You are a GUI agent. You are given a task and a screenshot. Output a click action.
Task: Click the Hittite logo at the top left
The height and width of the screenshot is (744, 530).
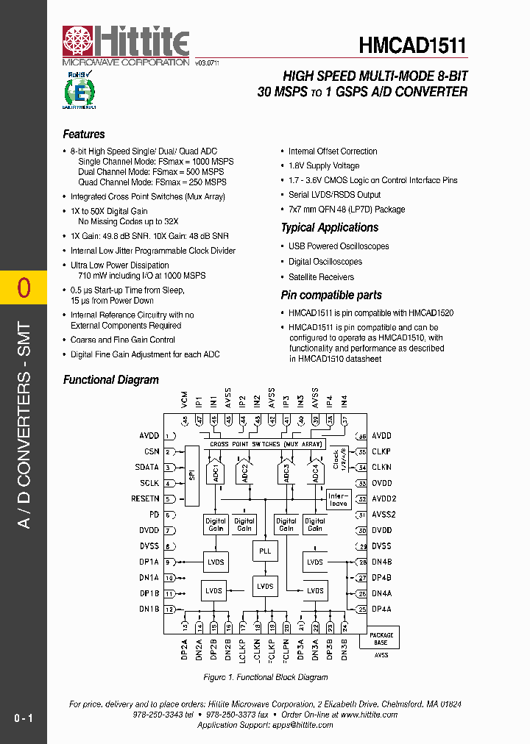125,46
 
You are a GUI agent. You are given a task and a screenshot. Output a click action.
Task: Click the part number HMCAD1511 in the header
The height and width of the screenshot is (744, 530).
413,46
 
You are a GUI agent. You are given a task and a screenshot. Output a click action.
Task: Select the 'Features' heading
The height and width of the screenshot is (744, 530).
84,135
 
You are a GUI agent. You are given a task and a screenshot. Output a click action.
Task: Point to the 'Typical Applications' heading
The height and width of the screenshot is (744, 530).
330,228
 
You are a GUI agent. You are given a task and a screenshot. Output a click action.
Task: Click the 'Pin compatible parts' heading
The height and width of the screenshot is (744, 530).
331,296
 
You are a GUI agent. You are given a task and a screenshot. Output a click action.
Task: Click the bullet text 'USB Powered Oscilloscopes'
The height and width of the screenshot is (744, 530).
339,246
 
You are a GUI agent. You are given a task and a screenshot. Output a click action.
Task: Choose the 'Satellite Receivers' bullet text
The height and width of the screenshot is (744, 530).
321,277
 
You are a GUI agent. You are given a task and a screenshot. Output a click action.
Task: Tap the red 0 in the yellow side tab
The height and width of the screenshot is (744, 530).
24,288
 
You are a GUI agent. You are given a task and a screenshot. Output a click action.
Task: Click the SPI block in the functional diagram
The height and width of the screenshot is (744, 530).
191,475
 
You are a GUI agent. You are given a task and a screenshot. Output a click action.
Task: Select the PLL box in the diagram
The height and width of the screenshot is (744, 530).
265,551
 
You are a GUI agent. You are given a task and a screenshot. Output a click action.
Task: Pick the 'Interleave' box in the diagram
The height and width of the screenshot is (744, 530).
338,499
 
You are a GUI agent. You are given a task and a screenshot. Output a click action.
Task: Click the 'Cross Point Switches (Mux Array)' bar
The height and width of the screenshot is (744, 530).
265,444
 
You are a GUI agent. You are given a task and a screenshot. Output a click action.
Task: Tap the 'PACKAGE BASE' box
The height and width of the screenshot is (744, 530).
381,638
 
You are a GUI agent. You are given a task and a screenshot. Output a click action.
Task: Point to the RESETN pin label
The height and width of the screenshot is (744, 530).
145,498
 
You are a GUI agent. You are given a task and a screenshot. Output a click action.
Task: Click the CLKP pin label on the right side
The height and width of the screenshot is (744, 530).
381,452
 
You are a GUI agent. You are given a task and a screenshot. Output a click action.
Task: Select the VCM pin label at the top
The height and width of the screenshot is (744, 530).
185,401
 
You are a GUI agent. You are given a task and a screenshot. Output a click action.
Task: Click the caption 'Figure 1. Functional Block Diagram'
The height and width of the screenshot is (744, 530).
265,677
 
